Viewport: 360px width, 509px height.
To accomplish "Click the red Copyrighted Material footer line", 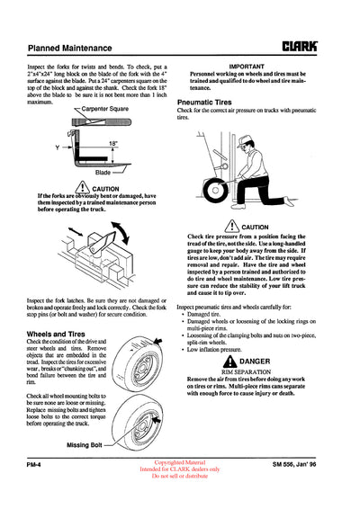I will click(179, 485).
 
